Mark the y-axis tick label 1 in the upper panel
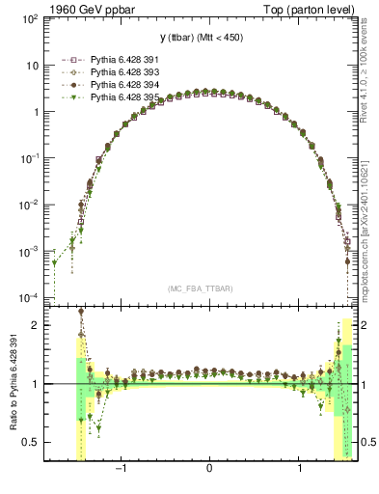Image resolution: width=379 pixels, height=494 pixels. [x=37, y=112]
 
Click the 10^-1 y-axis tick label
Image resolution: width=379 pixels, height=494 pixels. [x=31, y=158]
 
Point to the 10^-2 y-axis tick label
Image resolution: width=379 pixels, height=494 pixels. [x=31, y=205]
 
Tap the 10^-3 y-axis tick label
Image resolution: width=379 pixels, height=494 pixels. [x=31, y=251]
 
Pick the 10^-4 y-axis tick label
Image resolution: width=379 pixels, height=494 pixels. [x=31, y=297]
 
